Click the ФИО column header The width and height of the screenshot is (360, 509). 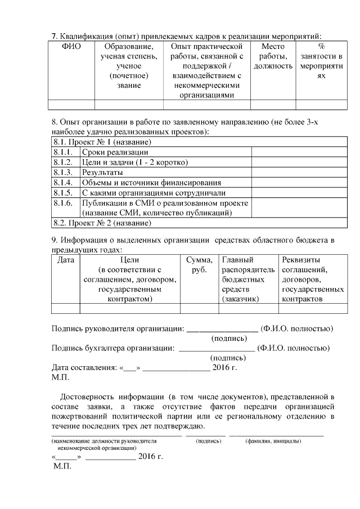coord(71,46)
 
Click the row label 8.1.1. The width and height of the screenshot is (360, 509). coord(63,152)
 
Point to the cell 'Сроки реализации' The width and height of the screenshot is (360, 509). coord(115,152)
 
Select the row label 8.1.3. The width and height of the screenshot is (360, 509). coord(63,173)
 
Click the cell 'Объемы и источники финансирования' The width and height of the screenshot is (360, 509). coord(151,183)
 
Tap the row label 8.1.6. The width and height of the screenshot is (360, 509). coord(63,203)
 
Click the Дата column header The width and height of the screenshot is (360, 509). coord(66,260)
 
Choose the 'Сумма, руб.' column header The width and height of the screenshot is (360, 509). coord(199,264)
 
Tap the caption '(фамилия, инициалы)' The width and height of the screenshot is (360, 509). coord(273,441)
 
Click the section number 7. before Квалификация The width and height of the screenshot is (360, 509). coord(55,36)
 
